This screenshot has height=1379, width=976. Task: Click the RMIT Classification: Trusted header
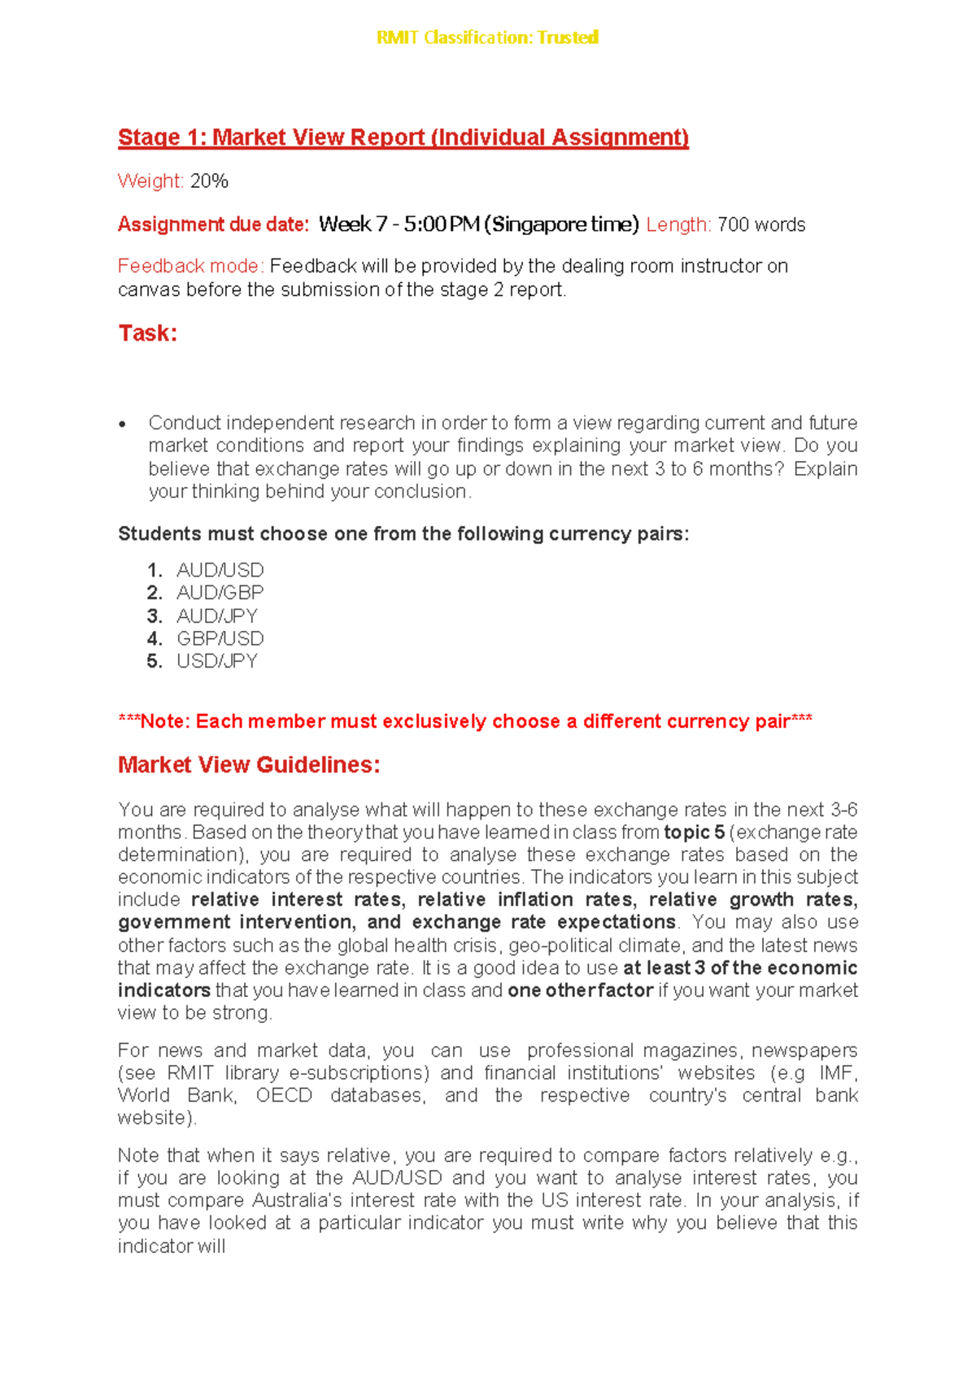click(x=487, y=37)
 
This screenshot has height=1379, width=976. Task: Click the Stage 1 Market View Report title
click(x=403, y=137)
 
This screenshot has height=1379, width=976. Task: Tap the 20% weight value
click(x=209, y=181)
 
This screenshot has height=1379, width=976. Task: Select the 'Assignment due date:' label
click(x=213, y=224)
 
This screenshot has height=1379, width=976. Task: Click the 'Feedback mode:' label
click(x=191, y=267)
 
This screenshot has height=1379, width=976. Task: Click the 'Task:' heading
click(x=148, y=333)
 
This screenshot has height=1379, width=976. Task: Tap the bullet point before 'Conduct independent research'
click(x=123, y=424)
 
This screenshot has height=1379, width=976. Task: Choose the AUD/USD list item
click(x=220, y=570)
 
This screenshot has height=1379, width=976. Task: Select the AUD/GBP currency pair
click(x=220, y=593)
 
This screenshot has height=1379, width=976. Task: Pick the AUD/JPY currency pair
click(x=217, y=616)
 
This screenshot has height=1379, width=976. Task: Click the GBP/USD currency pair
click(x=220, y=639)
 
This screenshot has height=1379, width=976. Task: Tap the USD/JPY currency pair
click(x=217, y=662)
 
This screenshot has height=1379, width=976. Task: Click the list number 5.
click(x=154, y=662)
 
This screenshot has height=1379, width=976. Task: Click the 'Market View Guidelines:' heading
click(x=249, y=765)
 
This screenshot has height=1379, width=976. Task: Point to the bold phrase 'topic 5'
click(x=694, y=833)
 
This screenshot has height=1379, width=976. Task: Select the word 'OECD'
click(x=284, y=1096)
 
